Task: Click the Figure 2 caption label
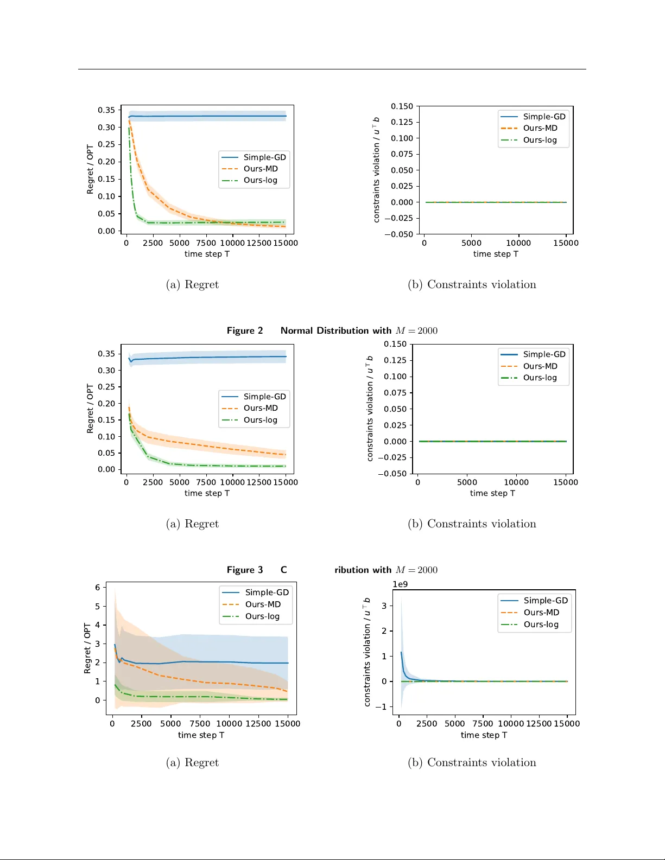245,330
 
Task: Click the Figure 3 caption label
245,570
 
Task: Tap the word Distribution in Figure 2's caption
343,330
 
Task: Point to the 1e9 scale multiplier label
400,584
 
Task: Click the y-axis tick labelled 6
98,587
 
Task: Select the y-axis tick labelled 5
98,606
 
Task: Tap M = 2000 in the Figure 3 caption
417,570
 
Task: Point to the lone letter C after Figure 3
283,570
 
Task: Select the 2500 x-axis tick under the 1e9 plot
427,723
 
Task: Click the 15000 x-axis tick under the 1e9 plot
567,723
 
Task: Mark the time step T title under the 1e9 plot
484,735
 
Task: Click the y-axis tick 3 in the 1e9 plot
384,606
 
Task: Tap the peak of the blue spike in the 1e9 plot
401,652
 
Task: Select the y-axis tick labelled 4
98,625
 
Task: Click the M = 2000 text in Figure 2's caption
417,330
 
